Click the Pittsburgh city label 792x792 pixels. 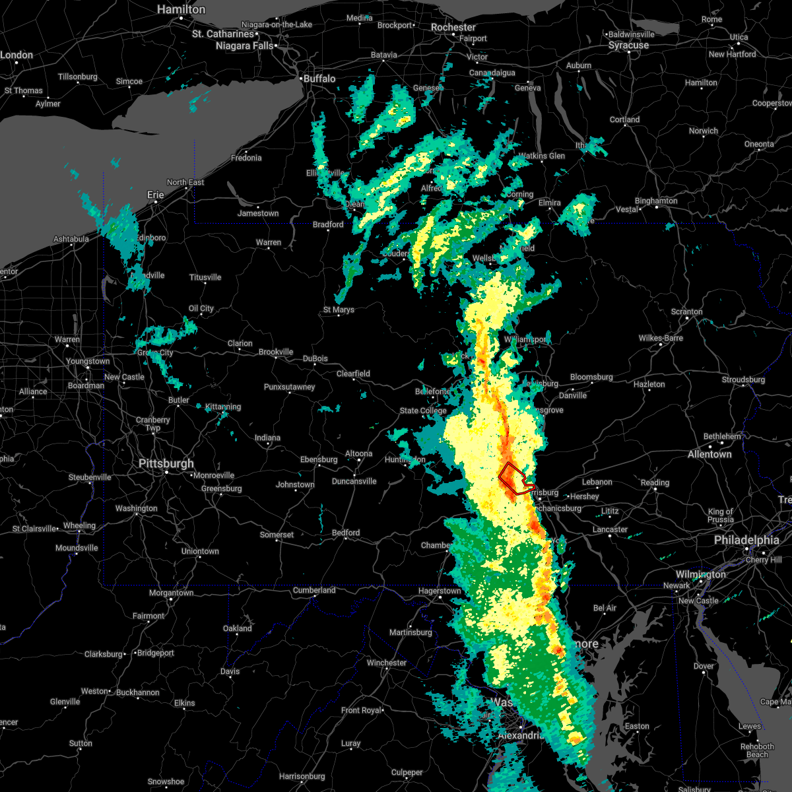(x=166, y=463)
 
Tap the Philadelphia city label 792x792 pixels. (x=746, y=540)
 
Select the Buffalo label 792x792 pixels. (x=319, y=79)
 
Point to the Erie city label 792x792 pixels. (x=156, y=195)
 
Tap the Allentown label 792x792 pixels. (x=709, y=454)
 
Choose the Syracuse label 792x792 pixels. (x=628, y=46)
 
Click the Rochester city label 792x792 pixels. (x=453, y=27)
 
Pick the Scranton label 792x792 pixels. (x=687, y=312)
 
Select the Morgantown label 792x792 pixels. (x=172, y=593)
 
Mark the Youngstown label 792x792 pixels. (x=88, y=361)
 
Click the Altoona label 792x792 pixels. (x=359, y=453)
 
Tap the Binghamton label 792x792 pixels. (x=656, y=201)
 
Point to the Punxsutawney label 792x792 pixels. (x=290, y=387)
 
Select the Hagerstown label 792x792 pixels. (x=440, y=591)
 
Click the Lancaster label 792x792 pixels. (x=610, y=529)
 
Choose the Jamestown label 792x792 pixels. (x=258, y=213)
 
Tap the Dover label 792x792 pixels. (x=704, y=666)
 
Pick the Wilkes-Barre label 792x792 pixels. (x=661, y=338)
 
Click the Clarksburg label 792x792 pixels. (x=103, y=654)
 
